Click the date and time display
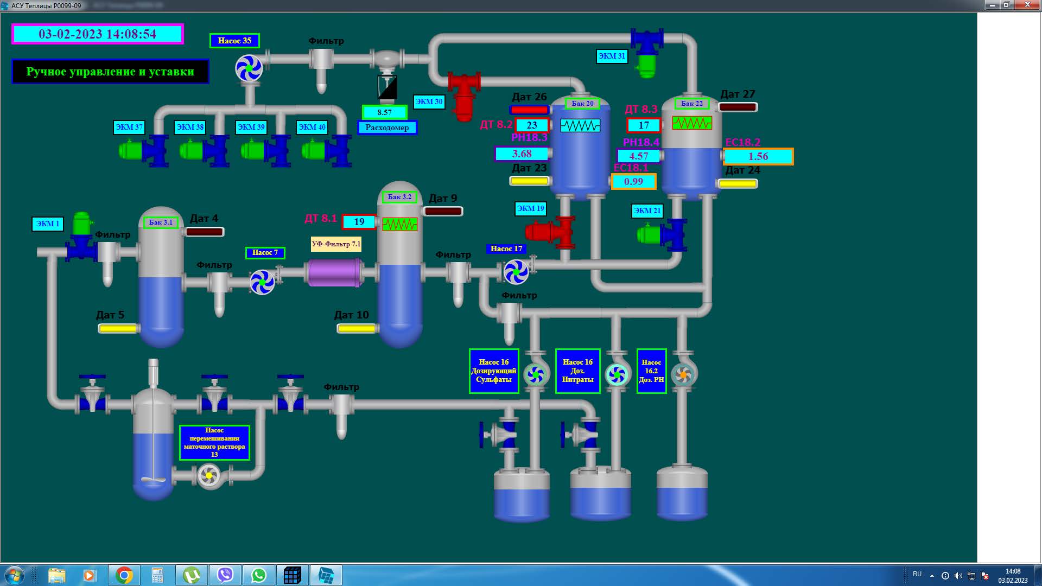98,34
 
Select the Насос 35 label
234,41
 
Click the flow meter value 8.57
385,112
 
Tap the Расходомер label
387,128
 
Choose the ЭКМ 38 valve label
190,127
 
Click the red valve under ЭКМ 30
464,95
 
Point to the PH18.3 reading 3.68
522,154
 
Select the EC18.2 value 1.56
758,157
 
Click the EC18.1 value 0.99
633,182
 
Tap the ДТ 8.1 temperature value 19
359,222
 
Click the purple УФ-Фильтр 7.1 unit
335,272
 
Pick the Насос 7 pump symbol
263,282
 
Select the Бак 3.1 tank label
161,222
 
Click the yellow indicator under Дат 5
118,328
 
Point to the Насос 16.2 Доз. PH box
651,371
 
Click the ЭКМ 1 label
48,224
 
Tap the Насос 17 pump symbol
516,272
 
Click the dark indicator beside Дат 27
738,107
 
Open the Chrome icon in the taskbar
124,575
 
